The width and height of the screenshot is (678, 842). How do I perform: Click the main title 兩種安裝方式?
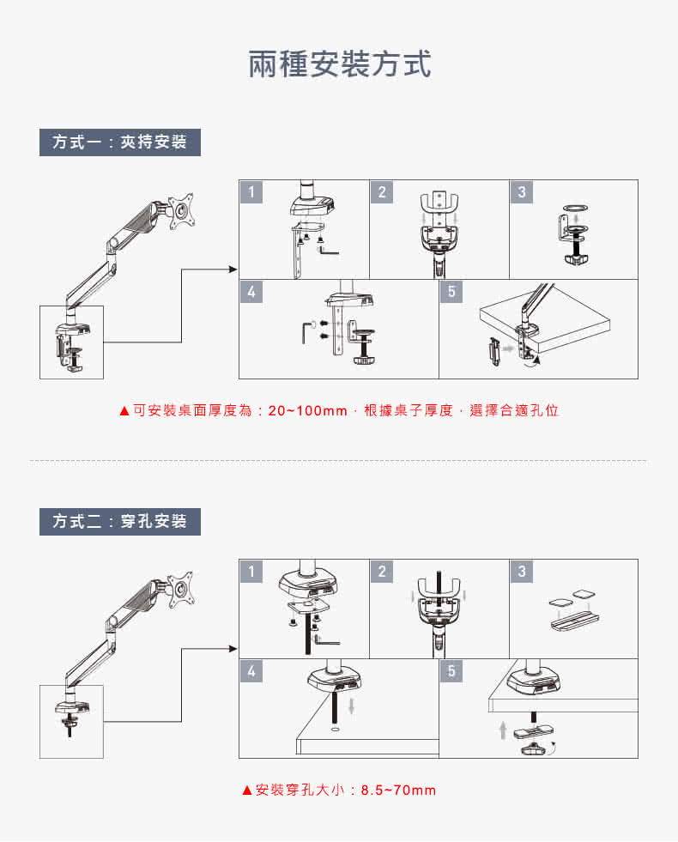[x=339, y=64]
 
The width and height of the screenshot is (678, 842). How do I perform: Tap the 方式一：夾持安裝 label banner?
[x=120, y=142]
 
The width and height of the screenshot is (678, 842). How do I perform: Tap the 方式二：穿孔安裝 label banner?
[x=120, y=521]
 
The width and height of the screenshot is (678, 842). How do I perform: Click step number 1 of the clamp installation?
[x=251, y=192]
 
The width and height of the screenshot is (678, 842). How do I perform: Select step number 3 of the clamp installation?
[x=521, y=192]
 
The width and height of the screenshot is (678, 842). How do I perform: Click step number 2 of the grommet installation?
[x=382, y=572]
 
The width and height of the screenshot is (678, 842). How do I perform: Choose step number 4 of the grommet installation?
[x=251, y=671]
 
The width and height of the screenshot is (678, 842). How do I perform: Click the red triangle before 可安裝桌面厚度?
[x=124, y=411]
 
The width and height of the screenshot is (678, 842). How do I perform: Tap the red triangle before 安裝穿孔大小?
[x=247, y=790]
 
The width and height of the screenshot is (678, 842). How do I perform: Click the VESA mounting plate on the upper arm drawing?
[x=182, y=209]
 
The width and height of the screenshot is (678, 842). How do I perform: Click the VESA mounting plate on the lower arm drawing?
[x=182, y=588]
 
